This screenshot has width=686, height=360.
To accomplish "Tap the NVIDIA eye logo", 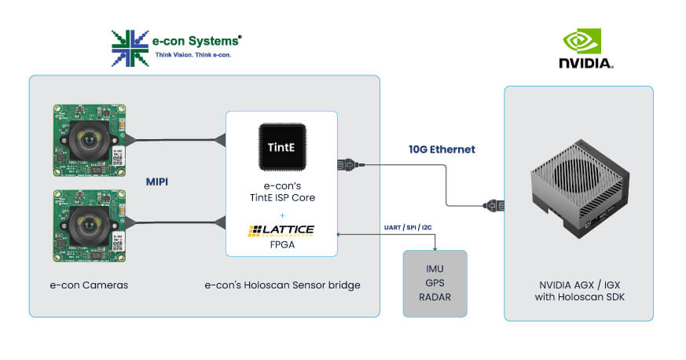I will (x=581, y=42).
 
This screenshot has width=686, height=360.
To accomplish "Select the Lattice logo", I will (x=281, y=230).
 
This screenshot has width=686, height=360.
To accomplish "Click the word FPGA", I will (x=281, y=244).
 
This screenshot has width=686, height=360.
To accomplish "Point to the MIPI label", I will (x=159, y=181).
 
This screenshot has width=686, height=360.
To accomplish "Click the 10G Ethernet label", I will (x=442, y=149).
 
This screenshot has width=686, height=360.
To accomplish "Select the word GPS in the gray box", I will (x=435, y=283).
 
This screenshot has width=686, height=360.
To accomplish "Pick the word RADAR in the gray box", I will (x=435, y=297).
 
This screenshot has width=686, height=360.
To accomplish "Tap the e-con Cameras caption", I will (x=83, y=285).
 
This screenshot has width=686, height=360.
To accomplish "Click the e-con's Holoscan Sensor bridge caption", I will (x=282, y=285).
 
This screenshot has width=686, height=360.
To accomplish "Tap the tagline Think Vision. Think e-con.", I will (x=193, y=55).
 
